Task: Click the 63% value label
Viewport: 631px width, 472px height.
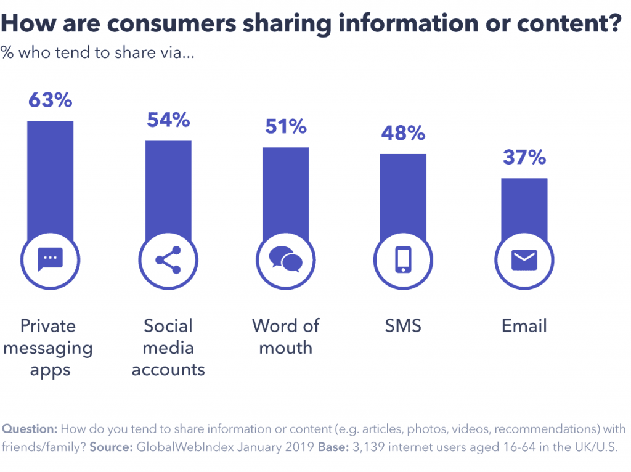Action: click(x=51, y=100)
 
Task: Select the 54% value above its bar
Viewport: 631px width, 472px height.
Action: click(x=168, y=120)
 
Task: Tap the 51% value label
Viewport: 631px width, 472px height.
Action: click(x=286, y=126)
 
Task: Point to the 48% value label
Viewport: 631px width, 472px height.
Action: click(x=403, y=133)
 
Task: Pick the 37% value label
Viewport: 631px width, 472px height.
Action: click(x=524, y=158)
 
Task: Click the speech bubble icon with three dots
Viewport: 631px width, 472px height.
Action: click(x=51, y=259)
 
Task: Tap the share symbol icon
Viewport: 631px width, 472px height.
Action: click(x=168, y=259)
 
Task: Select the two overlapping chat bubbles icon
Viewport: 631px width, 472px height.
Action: click(x=286, y=259)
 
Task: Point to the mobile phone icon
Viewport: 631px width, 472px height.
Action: click(x=403, y=259)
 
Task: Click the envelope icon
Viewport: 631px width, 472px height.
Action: click(x=524, y=259)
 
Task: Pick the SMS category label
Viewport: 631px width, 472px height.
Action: click(x=403, y=325)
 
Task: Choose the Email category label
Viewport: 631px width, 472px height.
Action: click(x=524, y=325)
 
